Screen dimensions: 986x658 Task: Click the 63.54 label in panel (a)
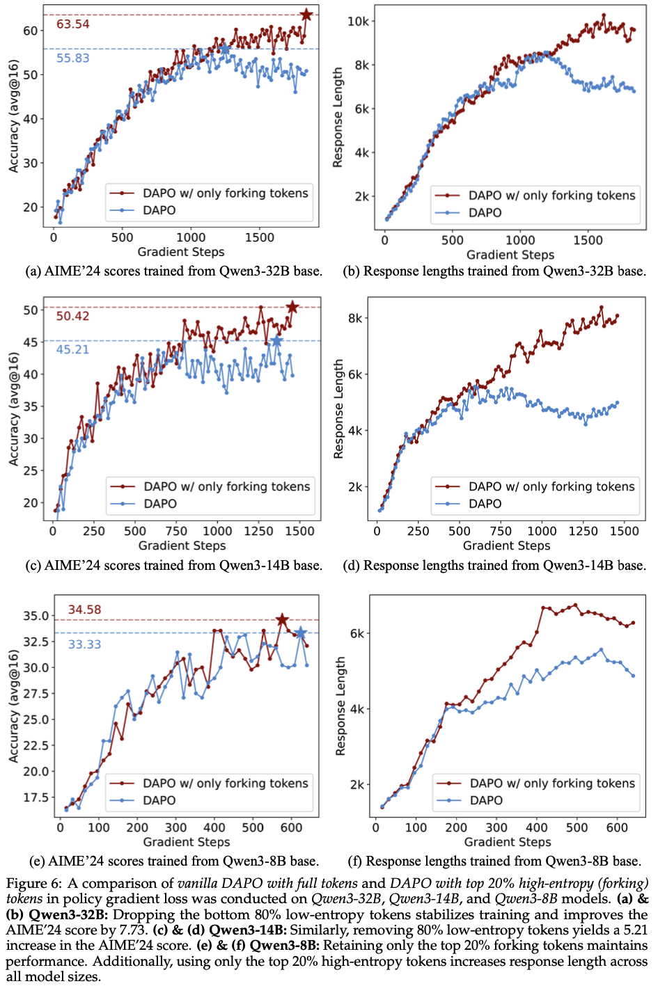(x=73, y=24)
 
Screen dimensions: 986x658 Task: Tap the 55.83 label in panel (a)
(x=73, y=58)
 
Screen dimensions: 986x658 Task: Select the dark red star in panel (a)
(x=306, y=15)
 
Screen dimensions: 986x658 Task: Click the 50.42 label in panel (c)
(x=73, y=317)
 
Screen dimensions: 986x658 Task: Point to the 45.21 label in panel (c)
(x=73, y=349)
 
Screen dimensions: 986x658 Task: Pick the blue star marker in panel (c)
(x=276, y=341)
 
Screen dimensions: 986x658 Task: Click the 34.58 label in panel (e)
(x=84, y=610)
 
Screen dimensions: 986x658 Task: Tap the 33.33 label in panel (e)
(x=84, y=644)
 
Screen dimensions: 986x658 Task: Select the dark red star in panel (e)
(x=282, y=620)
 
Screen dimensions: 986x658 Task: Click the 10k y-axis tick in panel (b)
(x=358, y=22)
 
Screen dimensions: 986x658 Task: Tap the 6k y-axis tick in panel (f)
(x=357, y=633)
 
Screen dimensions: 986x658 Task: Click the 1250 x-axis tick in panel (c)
(x=258, y=531)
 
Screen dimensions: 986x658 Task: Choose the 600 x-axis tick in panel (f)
(x=617, y=827)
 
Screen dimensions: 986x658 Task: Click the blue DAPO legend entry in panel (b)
(x=485, y=212)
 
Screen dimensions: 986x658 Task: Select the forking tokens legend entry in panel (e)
(x=225, y=784)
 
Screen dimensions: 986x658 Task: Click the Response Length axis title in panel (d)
(x=339, y=408)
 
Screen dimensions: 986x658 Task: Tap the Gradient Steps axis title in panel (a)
(x=181, y=252)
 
